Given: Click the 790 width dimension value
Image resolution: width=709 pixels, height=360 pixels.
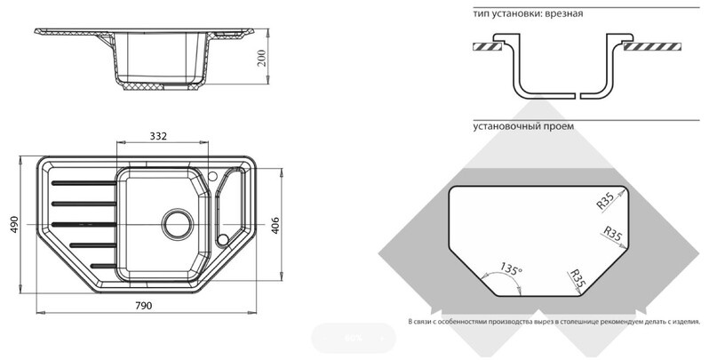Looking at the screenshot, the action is pos(143,305).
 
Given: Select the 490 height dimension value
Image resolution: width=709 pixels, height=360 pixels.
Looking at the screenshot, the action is pos(14,224).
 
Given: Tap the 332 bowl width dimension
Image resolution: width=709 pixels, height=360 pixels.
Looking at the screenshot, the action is pos(158,136).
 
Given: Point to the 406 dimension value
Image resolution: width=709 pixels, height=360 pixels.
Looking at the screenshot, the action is pos(275,225).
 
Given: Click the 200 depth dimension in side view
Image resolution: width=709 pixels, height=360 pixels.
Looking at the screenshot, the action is pos(262,58).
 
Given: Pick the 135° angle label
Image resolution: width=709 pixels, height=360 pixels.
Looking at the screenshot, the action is pos(511,268).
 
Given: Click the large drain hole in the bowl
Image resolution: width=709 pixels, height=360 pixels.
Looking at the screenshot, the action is pos(178,224).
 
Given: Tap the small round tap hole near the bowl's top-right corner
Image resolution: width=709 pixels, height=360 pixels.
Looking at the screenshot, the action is pos(212,175).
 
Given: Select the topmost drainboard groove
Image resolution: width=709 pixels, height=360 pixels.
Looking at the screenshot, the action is pos(84,183).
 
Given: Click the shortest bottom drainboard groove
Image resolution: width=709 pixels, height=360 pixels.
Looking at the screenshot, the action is pos(103,266).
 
